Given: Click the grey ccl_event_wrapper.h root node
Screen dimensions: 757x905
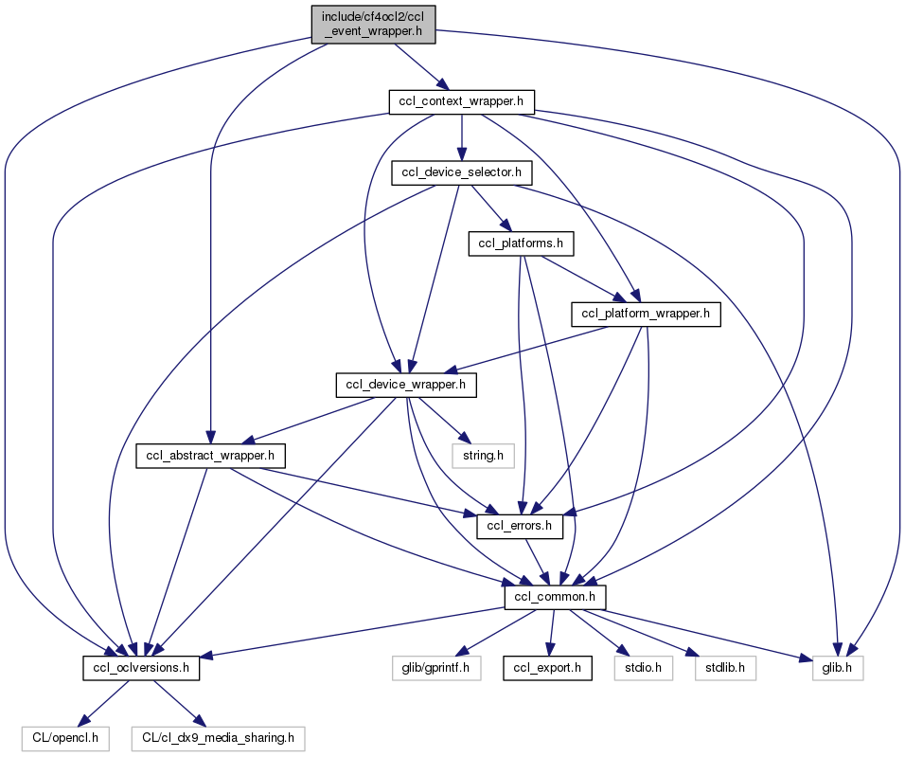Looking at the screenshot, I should point(374,24).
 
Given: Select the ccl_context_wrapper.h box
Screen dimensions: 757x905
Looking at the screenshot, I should point(462,100).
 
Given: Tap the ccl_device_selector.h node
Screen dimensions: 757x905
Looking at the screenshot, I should point(462,172).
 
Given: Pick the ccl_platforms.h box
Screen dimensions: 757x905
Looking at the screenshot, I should point(522,244).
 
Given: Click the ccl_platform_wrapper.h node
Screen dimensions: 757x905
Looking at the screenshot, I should point(646,314).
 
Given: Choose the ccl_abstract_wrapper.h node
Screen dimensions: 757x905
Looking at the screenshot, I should point(211,457).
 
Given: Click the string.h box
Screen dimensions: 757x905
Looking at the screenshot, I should point(482,457).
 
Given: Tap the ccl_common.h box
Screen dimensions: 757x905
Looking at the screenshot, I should point(555,597).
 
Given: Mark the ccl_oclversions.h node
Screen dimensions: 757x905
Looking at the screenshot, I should point(140,668).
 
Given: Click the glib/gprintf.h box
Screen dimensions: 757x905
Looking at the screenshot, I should point(438,668).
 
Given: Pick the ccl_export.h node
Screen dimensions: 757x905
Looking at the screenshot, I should point(547,668).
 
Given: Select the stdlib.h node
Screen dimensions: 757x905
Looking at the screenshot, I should point(725,668).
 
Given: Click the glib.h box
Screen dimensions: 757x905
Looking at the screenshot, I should point(838,668).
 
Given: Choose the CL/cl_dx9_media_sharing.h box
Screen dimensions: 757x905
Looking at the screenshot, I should point(219,736).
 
